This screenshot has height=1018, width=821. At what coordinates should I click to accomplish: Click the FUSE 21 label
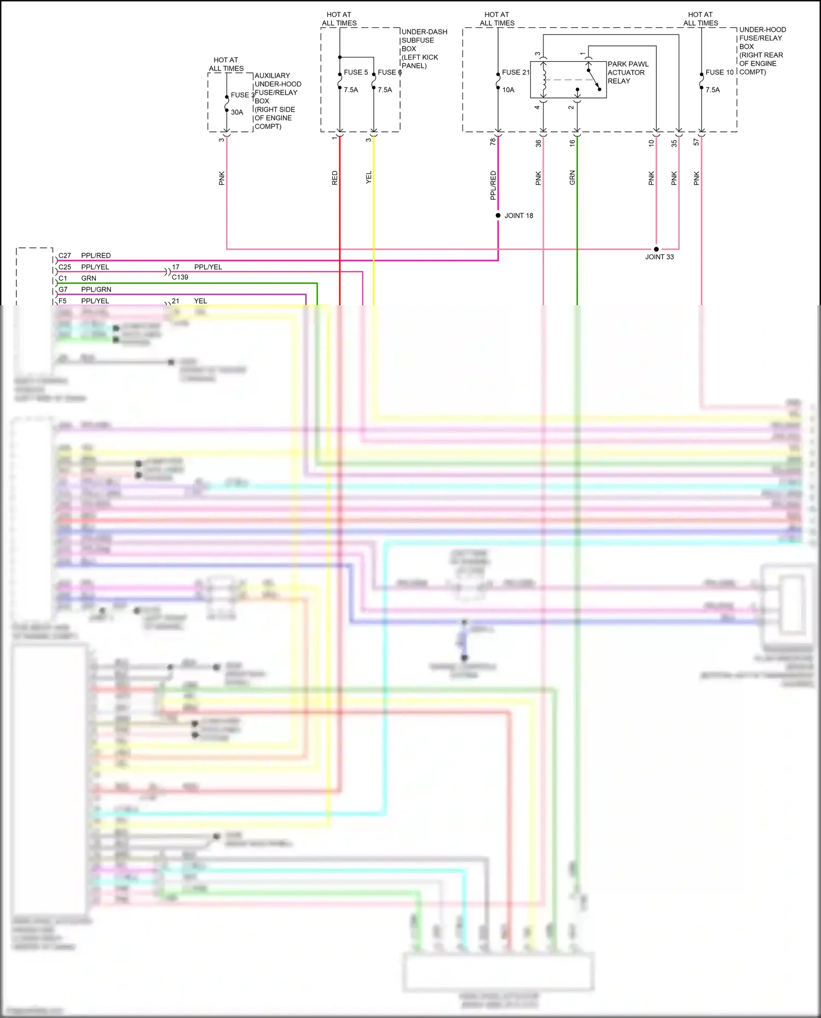tap(516, 72)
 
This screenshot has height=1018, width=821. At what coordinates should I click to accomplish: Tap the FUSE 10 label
tap(719, 72)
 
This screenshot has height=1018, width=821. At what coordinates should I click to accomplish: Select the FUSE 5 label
tap(356, 72)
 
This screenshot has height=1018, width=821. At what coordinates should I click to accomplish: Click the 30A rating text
tap(236, 112)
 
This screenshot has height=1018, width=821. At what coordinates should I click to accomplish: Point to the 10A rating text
tap(508, 90)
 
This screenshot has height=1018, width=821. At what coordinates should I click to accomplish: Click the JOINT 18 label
tap(518, 216)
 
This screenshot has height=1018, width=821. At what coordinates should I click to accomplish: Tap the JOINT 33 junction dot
tap(656, 249)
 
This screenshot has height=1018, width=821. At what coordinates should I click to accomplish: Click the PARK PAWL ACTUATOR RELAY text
tap(627, 72)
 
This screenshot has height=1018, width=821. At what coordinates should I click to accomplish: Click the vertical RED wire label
tap(335, 178)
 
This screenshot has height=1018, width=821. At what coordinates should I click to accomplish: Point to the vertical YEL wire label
tap(369, 177)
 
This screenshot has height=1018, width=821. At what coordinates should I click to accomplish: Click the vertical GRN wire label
tap(573, 177)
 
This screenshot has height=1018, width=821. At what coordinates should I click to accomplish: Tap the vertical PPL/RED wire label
tap(493, 185)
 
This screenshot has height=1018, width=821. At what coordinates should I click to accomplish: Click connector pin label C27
tap(65, 255)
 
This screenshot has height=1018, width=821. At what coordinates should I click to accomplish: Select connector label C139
tap(180, 277)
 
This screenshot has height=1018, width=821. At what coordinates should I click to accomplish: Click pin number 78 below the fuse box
tap(493, 142)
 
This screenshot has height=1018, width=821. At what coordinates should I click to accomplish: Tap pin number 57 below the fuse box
tap(696, 142)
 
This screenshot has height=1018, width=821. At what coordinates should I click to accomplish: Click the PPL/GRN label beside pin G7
tap(96, 289)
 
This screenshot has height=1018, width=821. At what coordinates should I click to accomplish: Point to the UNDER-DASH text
tap(424, 32)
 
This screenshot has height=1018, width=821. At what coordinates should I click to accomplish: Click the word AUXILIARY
tap(272, 75)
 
